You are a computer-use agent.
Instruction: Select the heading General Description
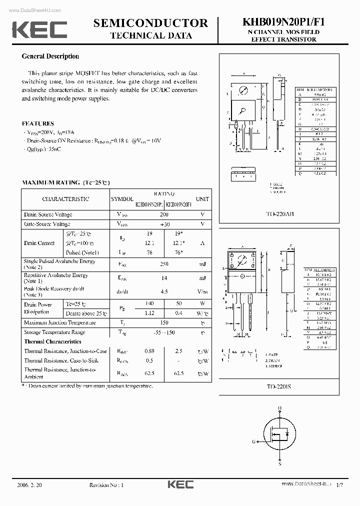pos(50,56)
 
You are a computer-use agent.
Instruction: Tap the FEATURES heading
pos(38,123)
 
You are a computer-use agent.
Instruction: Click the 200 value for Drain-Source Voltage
pos(164,214)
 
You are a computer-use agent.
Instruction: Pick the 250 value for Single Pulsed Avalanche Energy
pos(164,263)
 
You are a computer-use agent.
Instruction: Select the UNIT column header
pos(202,199)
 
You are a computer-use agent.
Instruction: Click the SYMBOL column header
pos(122,199)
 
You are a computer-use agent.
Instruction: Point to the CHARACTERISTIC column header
pos(65,199)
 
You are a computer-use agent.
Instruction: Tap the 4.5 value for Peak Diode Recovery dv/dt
pos(164,291)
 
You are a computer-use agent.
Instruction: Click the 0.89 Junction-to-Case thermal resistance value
pos(149,351)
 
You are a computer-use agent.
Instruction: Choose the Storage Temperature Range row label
pos(54,332)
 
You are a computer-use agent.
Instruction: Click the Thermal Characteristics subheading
pos(53,341)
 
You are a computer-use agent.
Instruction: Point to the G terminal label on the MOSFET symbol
pos(254,442)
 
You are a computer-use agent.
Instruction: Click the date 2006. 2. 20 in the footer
pos(31,484)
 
